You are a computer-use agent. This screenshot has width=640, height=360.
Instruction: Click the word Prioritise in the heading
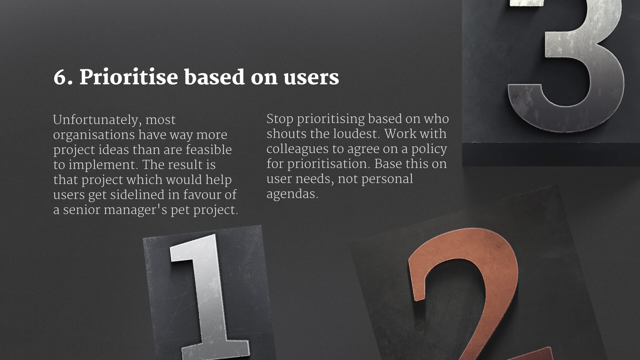pos(129,77)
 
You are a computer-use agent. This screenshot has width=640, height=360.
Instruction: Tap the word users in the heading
pos(311,77)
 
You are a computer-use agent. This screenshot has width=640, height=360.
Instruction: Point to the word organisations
pos(94,135)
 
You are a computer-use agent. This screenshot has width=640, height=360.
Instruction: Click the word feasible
pos(208,150)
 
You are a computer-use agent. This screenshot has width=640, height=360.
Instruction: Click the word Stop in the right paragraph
pos(280,119)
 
